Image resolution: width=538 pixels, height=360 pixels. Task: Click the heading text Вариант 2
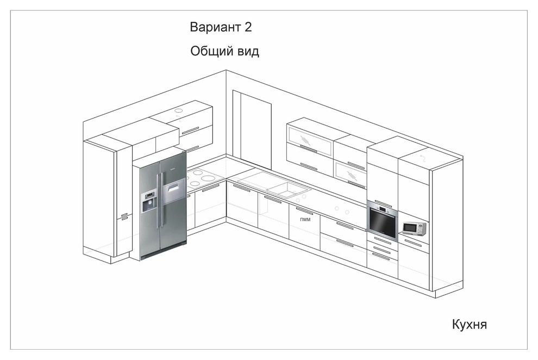[x=221, y=27]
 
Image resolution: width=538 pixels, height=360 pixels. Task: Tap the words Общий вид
[x=225, y=52]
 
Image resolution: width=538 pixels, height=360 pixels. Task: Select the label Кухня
[x=469, y=325]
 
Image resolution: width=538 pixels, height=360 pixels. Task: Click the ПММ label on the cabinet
[x=305, y=219]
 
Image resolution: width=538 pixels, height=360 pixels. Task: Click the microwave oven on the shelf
[x=414, y=228]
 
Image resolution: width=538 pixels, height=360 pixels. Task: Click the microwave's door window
[x=411, y=228]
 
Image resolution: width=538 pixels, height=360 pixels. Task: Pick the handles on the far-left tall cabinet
[x=124, y=216]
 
